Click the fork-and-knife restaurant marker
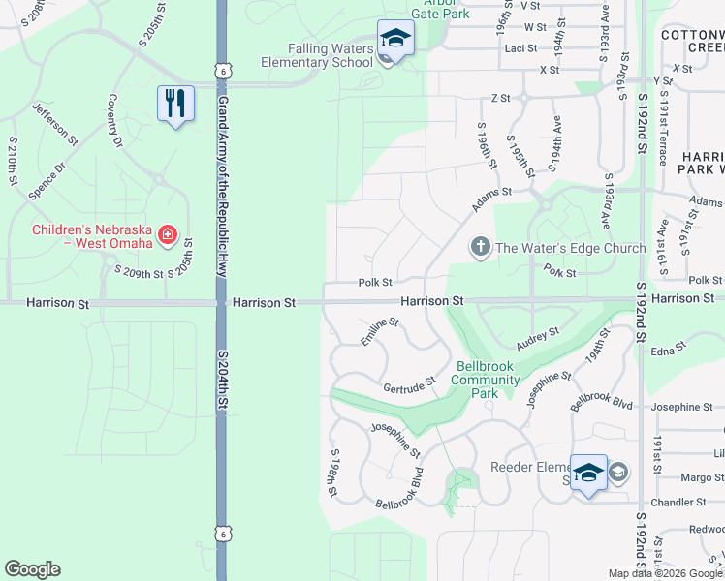coord(175,104)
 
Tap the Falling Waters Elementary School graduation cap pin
coord(394,40)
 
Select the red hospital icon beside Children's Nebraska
coord(167,233)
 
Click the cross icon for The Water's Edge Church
coord(480,248)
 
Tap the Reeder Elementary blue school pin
coord(588,473)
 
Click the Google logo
coord(32,569)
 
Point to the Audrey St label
coord(538,337)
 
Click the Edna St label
coord(668,347)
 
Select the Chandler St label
coord(678,502)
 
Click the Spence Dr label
coord(46,182)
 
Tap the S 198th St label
coord(333,474)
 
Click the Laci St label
coord(520,47)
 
